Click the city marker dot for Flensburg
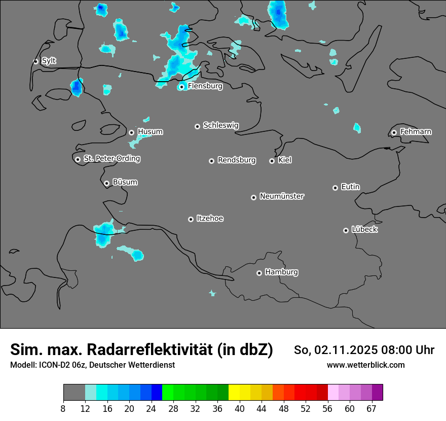tap(181, 87)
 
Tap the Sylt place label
tap(49, 61)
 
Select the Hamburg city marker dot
tap(259, 273)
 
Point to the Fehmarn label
tap(416, 132)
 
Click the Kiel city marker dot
tap(272, 161)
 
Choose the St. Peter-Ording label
tap(111, 159)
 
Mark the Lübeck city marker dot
tap(346, 230)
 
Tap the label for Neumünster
tap(282, 196)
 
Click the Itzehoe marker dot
tap(191, 219)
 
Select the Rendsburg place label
tap(237, 160)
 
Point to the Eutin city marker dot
tap(335, 188)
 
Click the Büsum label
tap(125, 182)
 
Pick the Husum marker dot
tap(131, 132)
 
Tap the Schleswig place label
tap(220, 125)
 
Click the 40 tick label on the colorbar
tap(240, 408)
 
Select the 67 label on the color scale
tap(371, 408)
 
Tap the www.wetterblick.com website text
tap(365, 365)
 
